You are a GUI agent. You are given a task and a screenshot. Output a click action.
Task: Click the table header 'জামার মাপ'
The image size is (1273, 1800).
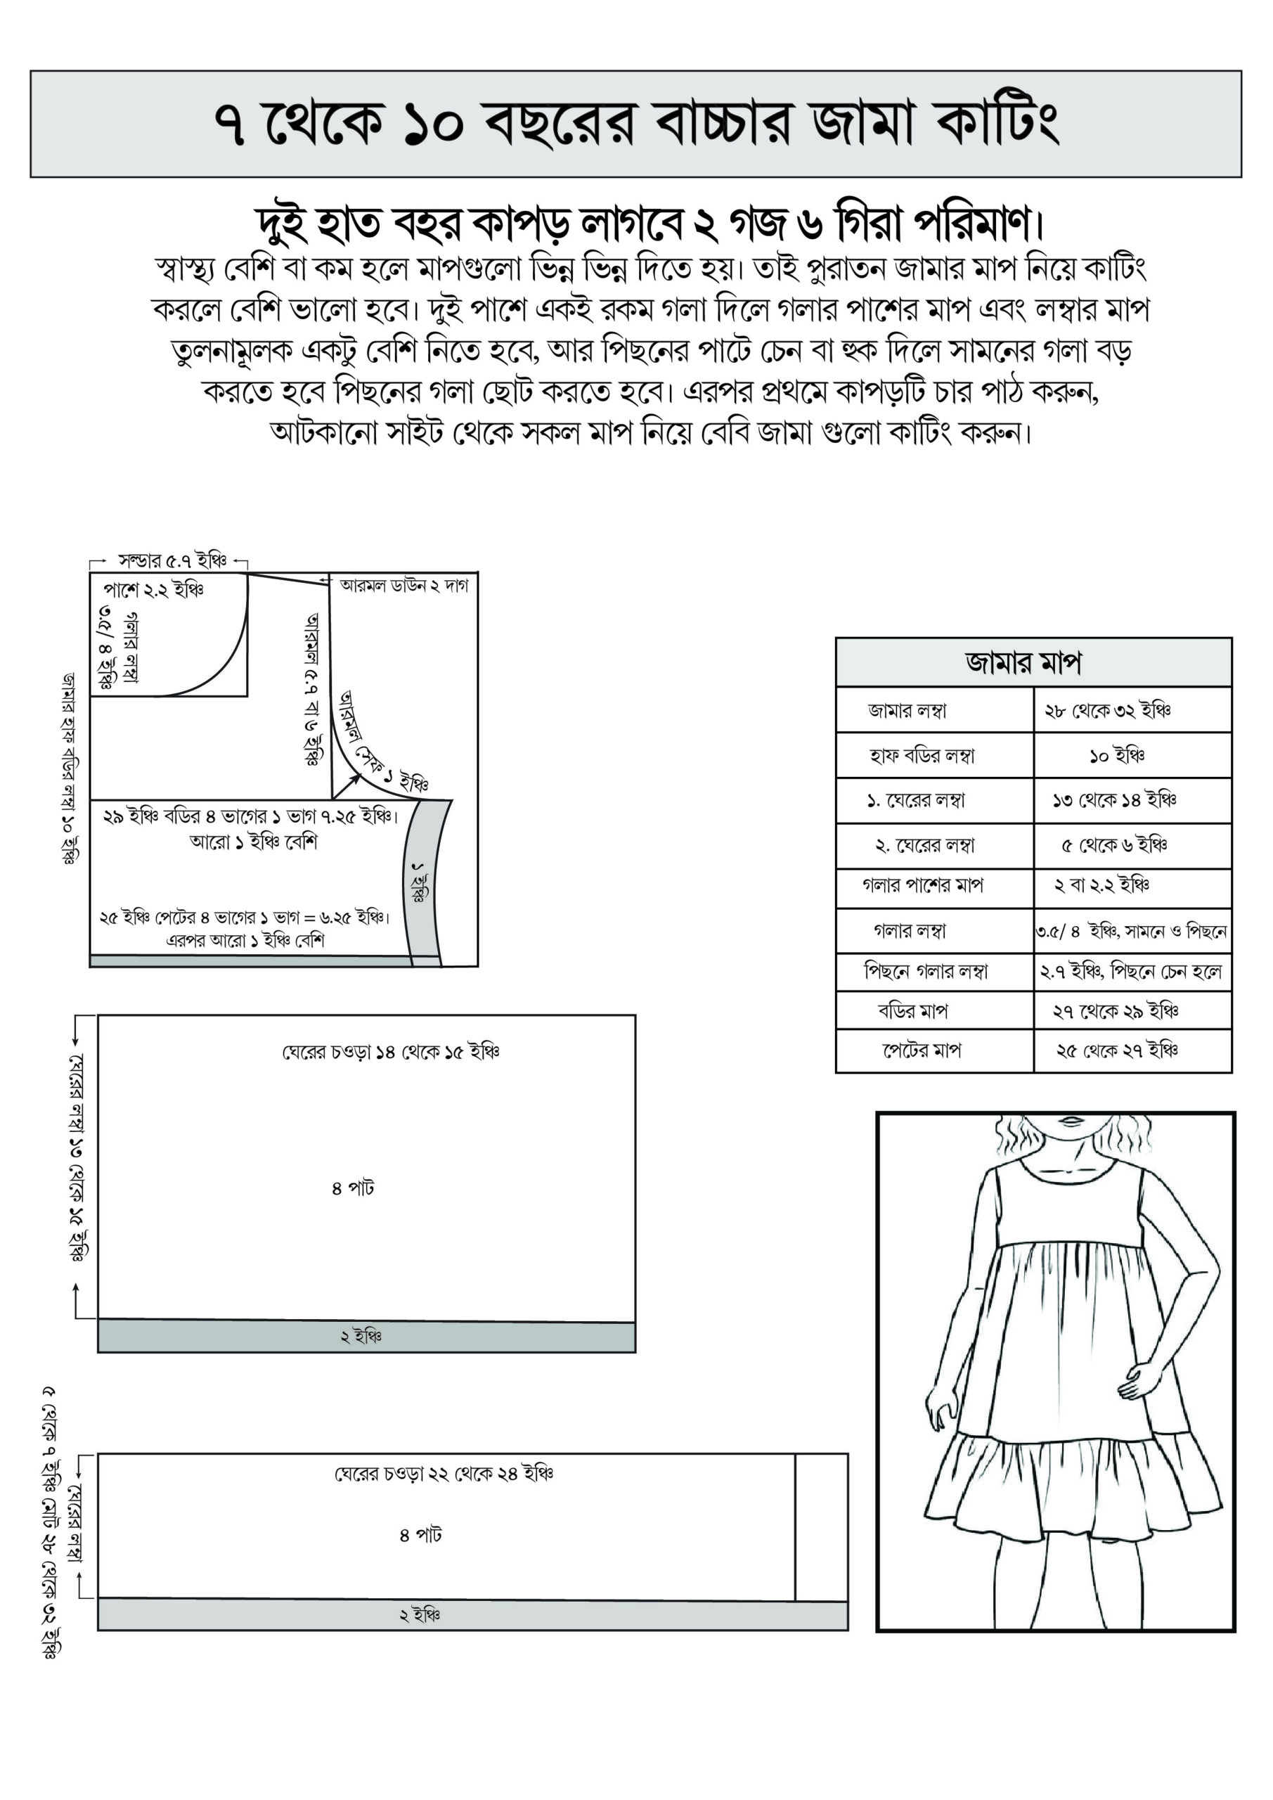coord(1023,663)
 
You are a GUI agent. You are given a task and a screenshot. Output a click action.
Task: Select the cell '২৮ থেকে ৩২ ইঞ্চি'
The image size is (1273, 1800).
coord(1108,710)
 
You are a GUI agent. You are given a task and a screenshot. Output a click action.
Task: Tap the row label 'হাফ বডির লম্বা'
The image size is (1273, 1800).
coord(922,756)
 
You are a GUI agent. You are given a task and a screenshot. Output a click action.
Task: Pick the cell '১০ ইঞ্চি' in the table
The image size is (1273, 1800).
coord(1117,756)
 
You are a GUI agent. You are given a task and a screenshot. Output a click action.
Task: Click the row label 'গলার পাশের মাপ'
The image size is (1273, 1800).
coord(923,885)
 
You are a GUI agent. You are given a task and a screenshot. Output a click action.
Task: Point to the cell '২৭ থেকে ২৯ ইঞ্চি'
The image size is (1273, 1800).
coord(1116,1010)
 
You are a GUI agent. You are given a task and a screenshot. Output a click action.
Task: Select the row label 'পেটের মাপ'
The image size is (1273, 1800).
coord(921,1050)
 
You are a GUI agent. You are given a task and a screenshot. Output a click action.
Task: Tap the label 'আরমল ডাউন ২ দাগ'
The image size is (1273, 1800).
coord(403,585)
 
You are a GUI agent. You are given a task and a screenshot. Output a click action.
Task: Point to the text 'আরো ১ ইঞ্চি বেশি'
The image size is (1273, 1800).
coord(253,842)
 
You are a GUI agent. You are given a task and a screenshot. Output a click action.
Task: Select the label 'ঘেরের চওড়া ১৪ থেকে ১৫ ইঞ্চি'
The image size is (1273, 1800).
coord(390,1051)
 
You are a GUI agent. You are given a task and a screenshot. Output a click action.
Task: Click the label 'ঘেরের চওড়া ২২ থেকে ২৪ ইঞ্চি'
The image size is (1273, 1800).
coord(444,1473)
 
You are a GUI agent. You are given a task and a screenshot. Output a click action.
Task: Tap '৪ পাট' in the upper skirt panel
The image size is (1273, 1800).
coord(353,1188)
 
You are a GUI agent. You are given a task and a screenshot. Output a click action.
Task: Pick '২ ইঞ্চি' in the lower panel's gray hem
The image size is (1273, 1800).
coord(420,1615)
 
